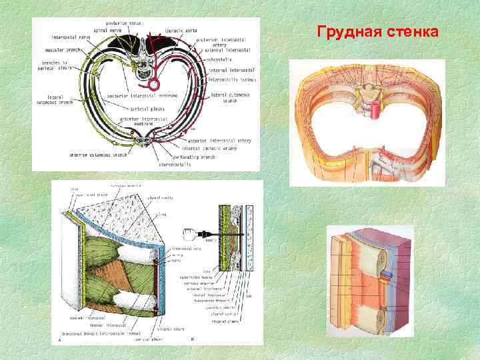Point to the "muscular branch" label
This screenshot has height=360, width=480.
(x=63, y=49)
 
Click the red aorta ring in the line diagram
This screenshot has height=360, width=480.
(x=155, y=85)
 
